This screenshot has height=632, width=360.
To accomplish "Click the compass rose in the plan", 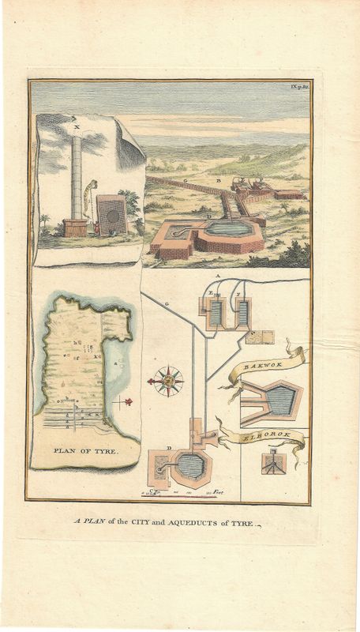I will click(167, 382).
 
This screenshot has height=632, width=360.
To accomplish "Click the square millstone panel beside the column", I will click(111, 215).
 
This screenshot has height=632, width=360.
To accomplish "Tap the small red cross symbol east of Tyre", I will click(123, 402).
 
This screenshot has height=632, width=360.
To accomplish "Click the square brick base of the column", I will click(75, 228).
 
